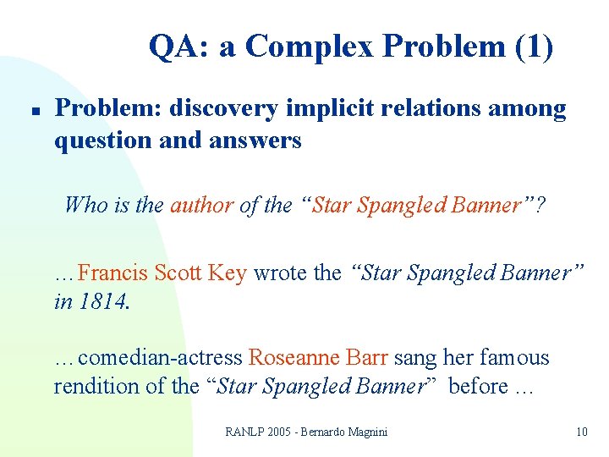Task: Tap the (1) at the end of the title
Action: (534, 47)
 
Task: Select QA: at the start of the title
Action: (180, 47)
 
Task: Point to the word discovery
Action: (223, 108)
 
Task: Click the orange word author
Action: (201, 205)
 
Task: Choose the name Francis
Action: (112, 273)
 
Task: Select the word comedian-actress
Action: (160, 358)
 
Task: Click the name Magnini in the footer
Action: (363, 432)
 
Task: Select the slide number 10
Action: (581, 432)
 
